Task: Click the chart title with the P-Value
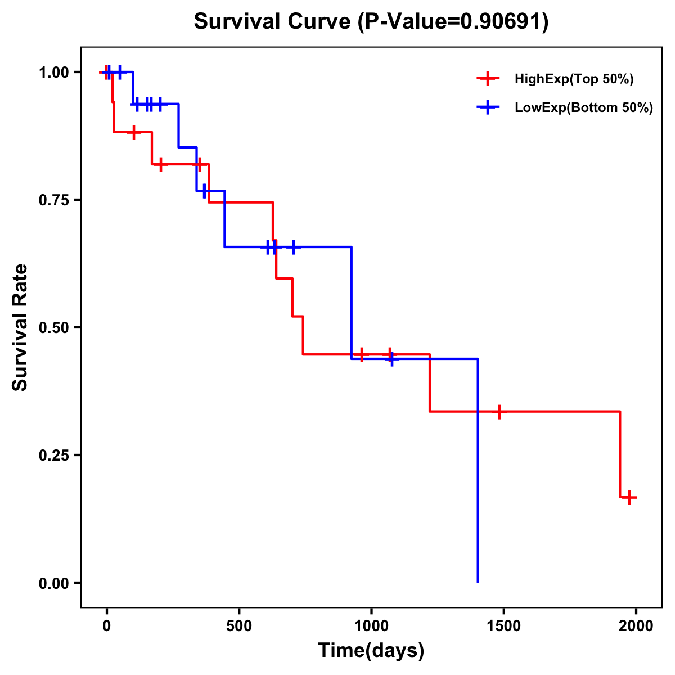371,22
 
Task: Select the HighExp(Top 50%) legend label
574,79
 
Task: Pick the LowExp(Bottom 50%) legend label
584,108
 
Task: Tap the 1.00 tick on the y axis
53,73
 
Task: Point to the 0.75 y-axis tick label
53,200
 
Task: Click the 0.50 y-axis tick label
53,328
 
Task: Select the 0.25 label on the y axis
53,456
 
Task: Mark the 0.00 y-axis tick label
53,583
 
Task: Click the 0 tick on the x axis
106,626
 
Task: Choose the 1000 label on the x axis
371,626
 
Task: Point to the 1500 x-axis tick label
503,626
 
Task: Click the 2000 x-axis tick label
636,626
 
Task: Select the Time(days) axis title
371,651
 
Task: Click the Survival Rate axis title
21,327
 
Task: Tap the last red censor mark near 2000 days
629,497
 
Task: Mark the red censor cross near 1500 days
498,412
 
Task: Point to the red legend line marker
488,79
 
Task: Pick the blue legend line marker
488,108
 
